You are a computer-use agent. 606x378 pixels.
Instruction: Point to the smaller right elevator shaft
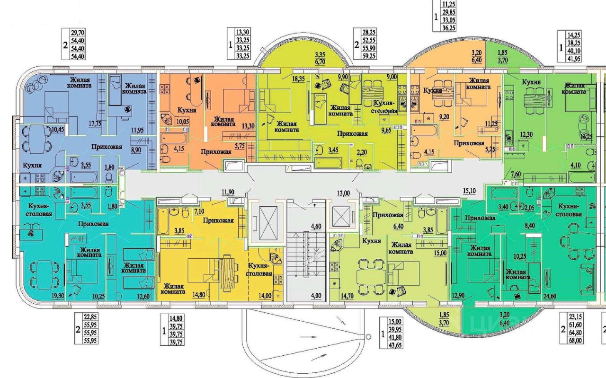[x=343, y=216]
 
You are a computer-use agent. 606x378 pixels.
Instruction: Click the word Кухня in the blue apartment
[x=31, y=166]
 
